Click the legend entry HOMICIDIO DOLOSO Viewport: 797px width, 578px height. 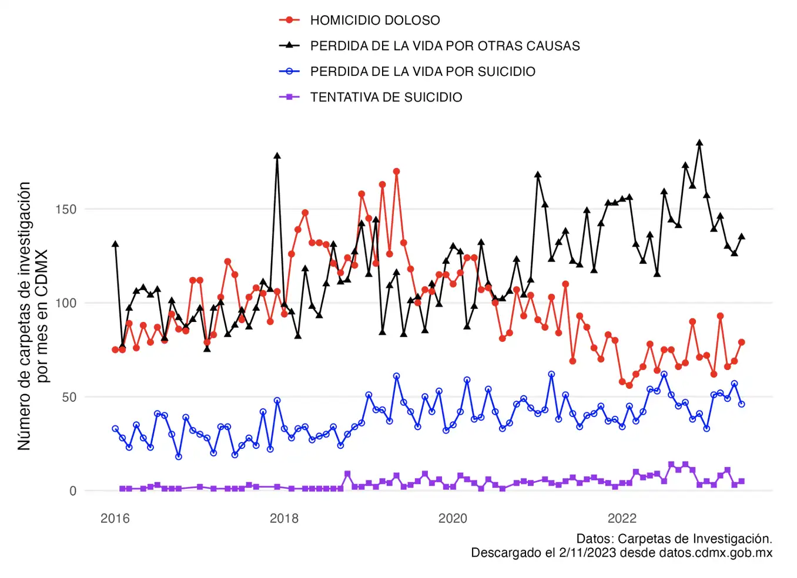click(x=374, y=20)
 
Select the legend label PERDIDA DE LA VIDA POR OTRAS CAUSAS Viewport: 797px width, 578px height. click(x=444, y=46)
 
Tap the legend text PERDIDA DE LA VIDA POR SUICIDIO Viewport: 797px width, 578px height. click(x=422, y=72)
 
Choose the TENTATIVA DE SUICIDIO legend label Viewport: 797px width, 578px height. click(x=386, y=98)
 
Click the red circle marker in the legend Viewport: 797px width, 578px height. click(x=289, y=20)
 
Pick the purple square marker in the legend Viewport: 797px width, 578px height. click(x=289, y=97)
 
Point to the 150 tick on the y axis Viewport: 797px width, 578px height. click(x=66, y=210)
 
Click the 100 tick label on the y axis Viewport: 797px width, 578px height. click(x=66, y=304)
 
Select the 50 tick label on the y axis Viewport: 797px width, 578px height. click(x=69, y=398)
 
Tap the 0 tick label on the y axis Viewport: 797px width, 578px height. click(x=72, y=491)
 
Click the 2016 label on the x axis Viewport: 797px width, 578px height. click(x=115, y=518)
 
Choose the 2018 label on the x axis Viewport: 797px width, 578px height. click(x=284, y=518)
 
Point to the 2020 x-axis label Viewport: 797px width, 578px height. click(x=453, y=518)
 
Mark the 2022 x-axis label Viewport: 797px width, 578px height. click(x=622, y=518)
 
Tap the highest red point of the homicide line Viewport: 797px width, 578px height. click(x=397, y=172)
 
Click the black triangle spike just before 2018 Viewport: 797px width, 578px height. click(x=277, y=156)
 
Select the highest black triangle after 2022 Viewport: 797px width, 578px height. click(x=699, y=143)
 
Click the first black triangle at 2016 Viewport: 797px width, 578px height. click(x=115, y=244)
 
